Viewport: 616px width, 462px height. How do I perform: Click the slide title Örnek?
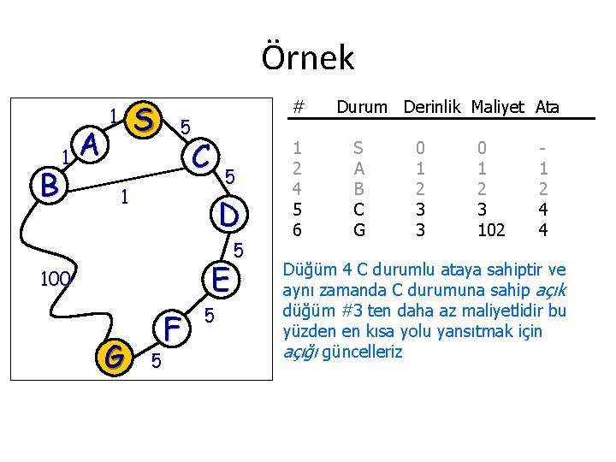[307, 57]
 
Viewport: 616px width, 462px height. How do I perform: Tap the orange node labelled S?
[145, 120]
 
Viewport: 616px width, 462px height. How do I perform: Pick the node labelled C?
[202, 156]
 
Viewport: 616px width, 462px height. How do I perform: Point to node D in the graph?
[228, 214]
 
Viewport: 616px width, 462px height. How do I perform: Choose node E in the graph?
[221, 279]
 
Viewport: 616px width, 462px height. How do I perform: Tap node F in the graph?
[174, 328]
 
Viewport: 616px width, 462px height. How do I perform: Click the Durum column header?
[363, 108]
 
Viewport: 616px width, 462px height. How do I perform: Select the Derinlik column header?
[432, 108]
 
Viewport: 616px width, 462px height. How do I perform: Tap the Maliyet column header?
[498, 108]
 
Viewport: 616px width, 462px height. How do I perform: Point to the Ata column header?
[548, 108]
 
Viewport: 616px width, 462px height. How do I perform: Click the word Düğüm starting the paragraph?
[309, 270]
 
